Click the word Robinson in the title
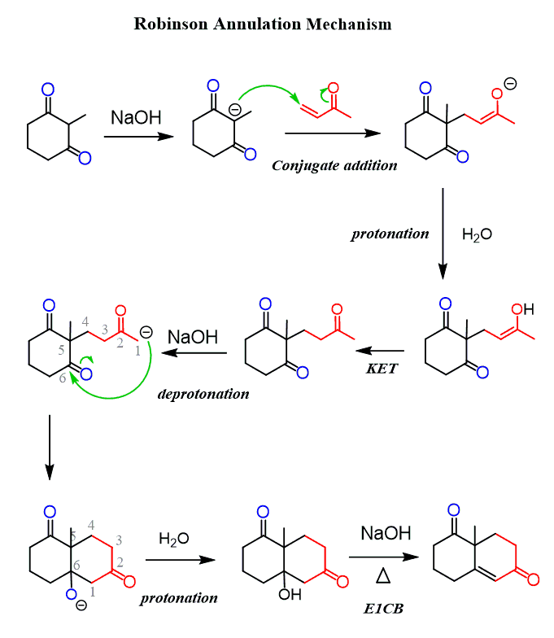point(171,24)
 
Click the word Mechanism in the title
point(348,24)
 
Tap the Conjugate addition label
point(334,166)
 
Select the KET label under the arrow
point(382,368)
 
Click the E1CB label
point(383,609)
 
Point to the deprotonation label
point(203,394)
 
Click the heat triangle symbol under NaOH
point(383,576)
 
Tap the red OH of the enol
point(522,309)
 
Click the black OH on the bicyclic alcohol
point(290,594)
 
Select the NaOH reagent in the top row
point(137,117)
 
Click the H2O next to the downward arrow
point(477,234)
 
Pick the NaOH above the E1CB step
point(386,533)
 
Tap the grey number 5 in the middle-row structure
point(62,350)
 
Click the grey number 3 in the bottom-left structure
point(119,540)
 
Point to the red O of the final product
point(534,579)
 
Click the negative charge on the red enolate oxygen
point(511,84)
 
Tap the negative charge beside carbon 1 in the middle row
point(146,332)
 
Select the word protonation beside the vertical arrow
point(390,234)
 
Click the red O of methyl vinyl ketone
point(334,88)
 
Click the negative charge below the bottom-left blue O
point(81,605)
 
